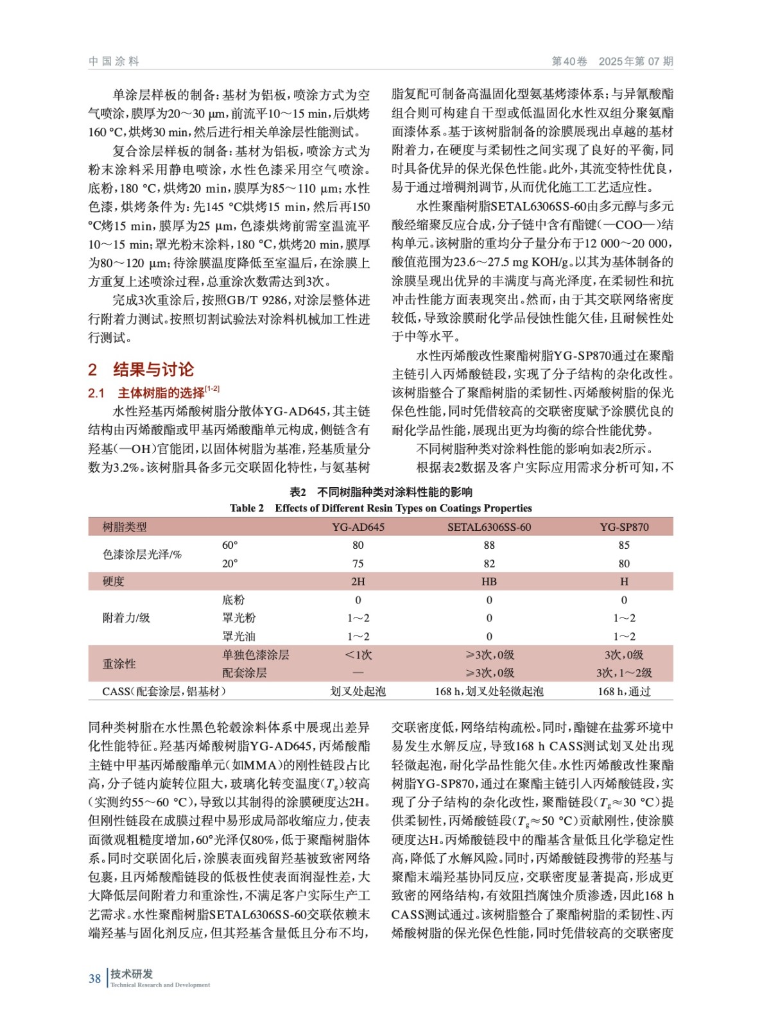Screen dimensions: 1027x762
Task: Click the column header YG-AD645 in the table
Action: (358, 527)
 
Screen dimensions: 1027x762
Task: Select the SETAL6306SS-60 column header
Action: (489, 527)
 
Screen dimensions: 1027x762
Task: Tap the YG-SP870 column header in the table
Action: (624, 527)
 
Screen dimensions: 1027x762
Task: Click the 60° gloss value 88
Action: (489, 545)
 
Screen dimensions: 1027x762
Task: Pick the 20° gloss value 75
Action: (358, 564)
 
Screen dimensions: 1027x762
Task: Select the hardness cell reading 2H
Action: (358, 582)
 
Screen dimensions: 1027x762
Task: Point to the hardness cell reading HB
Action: (489, 582)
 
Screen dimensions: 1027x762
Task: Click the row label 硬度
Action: (114, 582)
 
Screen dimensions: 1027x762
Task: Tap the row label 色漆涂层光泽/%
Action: (142, 554)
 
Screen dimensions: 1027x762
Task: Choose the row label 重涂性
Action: (119, 664)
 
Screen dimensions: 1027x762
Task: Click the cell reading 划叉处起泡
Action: (358, 691)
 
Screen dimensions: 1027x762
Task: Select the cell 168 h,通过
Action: (624, 691)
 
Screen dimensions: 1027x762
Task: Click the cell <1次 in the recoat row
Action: (358, 655)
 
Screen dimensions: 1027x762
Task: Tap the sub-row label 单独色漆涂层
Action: (255, 655)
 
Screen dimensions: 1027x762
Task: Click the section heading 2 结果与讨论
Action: (141, 370)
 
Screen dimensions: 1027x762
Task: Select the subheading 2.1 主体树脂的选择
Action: (153, 393)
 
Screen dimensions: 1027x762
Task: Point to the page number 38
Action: (95, 978)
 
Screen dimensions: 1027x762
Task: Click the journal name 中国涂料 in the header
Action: (114, 62)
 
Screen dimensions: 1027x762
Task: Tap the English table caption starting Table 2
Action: (381, 508)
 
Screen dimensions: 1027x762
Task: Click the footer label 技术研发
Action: (132, 974)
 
